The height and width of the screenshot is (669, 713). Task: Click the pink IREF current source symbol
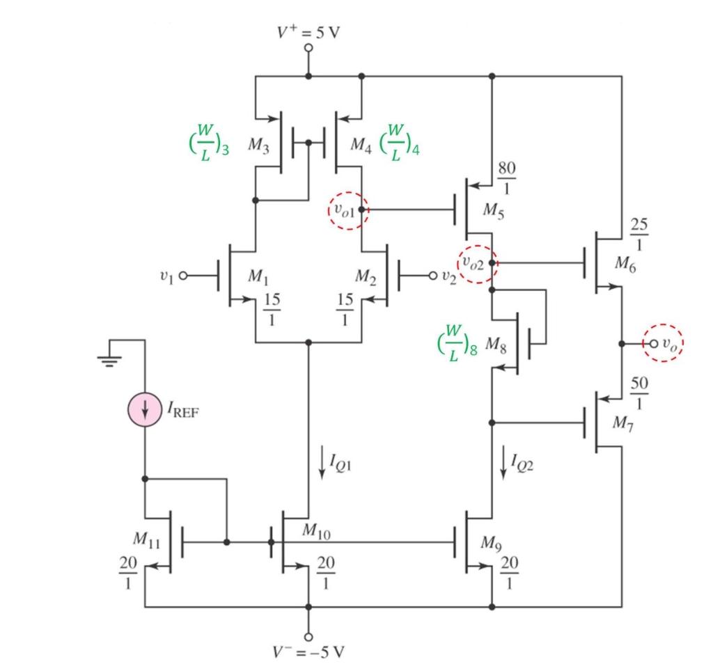point(145,408)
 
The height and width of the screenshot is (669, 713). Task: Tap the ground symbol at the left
point(109,359)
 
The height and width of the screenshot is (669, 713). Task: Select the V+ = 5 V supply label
point(308,33)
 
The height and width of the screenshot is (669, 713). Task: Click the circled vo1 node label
point(347,210)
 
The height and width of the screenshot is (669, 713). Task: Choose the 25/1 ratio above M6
point(638,235)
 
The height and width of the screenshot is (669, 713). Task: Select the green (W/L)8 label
point(456,343)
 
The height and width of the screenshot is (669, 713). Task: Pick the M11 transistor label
point(147,538)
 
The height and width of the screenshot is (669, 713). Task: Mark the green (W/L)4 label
point(400,143)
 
